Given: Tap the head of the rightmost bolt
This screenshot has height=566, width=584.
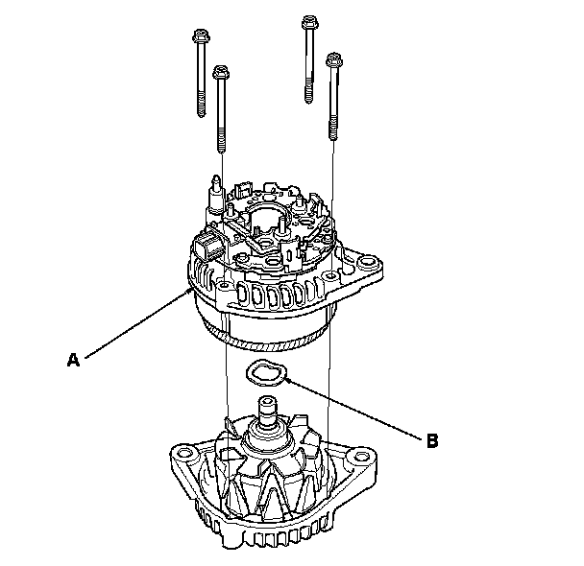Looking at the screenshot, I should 334,61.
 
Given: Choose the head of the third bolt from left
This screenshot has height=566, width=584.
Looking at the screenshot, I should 309,24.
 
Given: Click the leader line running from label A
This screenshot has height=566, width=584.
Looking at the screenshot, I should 134,326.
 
